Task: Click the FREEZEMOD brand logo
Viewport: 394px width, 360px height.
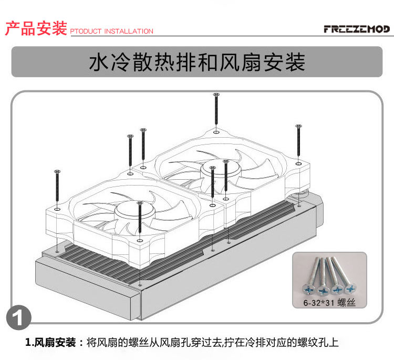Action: coord(357,28)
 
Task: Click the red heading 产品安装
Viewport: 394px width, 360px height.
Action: coord(36,28)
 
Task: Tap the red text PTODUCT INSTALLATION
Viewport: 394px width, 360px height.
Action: coord(111,32)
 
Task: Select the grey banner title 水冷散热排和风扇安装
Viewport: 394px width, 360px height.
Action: coord(197,62)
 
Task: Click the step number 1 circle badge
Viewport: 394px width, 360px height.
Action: coord(18,318)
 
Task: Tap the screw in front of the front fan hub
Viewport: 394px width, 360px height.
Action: coord(139,218)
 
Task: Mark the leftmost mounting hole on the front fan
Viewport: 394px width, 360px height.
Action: coord(57,209)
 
